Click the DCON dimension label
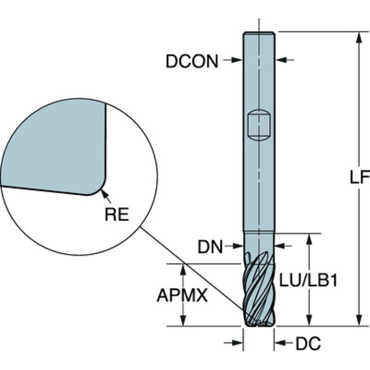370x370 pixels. tap(192, 61)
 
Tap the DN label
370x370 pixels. tap(210, 247)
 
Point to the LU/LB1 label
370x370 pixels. tap(308, 280)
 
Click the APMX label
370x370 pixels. tap(182, 295)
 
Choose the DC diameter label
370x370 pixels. tap(308, 343)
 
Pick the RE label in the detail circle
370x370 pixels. tap(117, 214)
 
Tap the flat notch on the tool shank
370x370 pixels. tap(259, 125)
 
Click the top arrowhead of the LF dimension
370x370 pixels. tap(359, 37)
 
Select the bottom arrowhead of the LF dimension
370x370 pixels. tap(359, 320)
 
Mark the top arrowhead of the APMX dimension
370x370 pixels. tap(183, 270)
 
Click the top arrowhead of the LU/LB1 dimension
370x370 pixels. tap(309, 239)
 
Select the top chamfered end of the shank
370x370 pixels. tap(259, 33)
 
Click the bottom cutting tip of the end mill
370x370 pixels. tap(259, 325)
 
